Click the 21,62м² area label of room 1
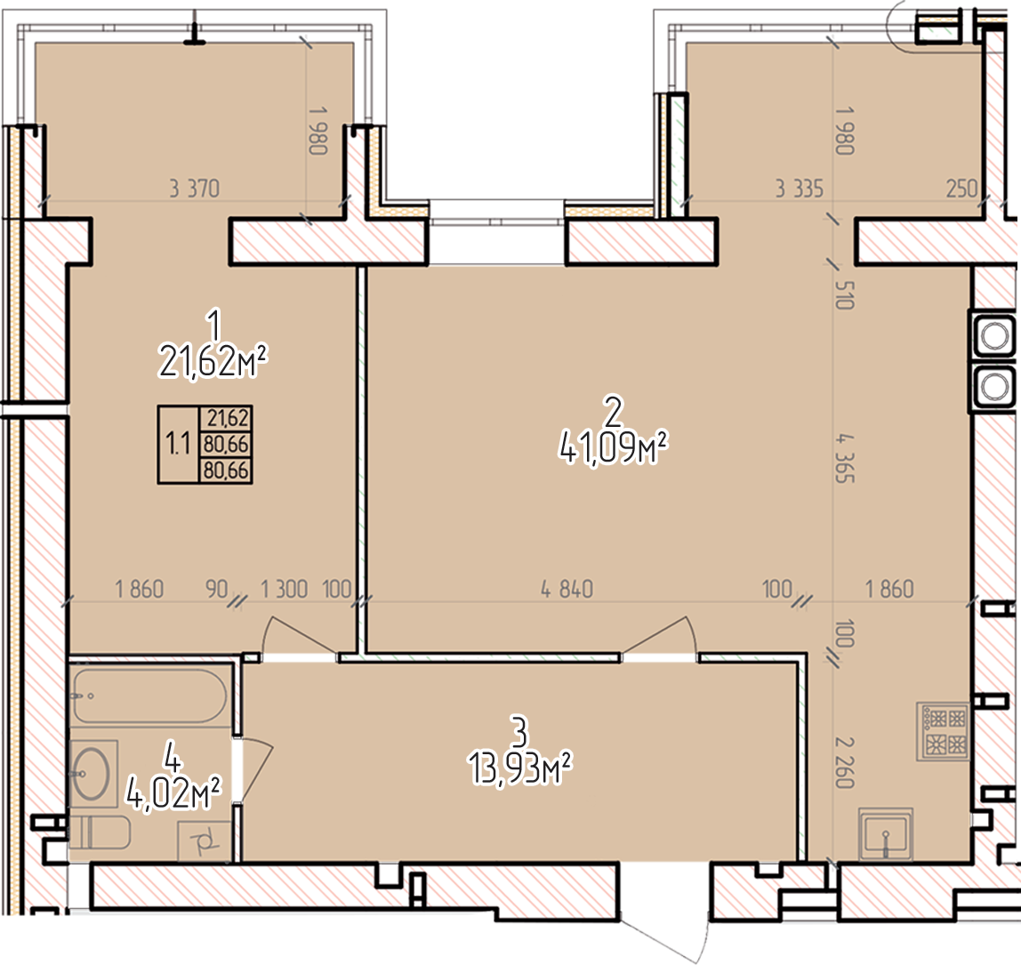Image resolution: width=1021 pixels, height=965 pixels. click(213, 361)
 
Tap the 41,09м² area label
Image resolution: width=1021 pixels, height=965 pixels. click(614, 448)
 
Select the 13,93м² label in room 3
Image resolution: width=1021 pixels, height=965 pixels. click(519, 769)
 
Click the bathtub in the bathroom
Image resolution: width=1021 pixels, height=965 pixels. click(150, 696)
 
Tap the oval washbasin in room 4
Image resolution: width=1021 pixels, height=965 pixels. click(92, 773)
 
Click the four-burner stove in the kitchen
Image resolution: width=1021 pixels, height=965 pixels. click(943, 731)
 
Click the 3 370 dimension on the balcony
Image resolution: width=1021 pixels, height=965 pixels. click(195, 189)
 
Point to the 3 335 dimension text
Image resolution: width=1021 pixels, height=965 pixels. click(800, 189)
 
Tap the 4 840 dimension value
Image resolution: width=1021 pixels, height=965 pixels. click(567, 590)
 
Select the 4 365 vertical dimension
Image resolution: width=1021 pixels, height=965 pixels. click(845, 459)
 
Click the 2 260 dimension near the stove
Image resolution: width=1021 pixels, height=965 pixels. click(845, 762)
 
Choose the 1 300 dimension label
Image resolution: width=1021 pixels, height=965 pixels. click(284, 590)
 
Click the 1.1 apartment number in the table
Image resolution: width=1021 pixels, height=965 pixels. click(178, 445)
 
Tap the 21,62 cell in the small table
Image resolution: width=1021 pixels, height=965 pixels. click(228, 417)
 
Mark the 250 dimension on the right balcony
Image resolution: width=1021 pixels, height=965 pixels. click(961, 189)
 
